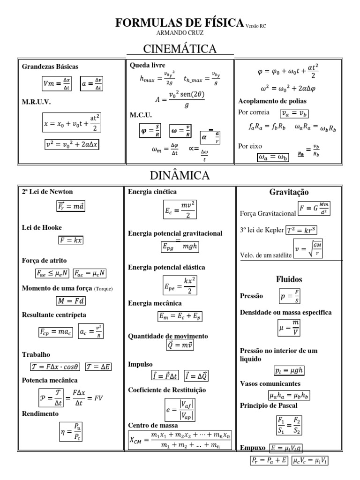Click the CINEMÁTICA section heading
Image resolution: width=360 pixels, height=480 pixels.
click(x=180, y=49)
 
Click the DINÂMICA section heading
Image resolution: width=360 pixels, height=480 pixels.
click(x=180, y=176)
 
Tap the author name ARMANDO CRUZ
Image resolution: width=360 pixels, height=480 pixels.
click(x=180, y=32)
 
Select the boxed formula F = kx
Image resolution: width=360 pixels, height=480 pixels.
click(x=71, y=240)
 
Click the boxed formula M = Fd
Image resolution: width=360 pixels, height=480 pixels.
click(x=71, y=300)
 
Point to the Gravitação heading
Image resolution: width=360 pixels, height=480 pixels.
click(x=289, y=192)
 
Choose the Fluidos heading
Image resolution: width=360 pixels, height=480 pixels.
click(x=289, y=279)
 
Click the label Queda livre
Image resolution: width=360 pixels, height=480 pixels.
click(x=147, y=65)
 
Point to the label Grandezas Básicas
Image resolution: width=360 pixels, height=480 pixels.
click(x=50, y=67)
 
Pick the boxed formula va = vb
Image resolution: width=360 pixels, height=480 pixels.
click(x=294, y=113)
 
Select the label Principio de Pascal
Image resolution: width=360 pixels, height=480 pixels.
click(x=269, y=405)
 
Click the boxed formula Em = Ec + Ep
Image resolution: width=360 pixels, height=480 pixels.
click(x=180, y=317)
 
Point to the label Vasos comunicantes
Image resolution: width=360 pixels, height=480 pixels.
click(x=270, y=383)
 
